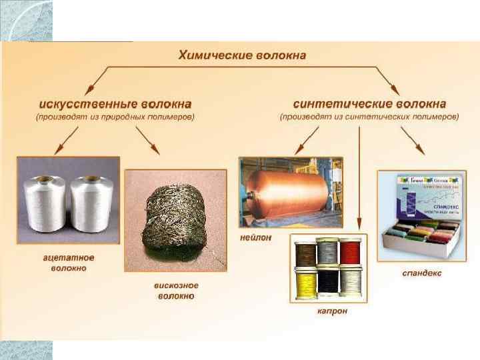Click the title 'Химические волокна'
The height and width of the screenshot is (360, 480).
coord(242,55)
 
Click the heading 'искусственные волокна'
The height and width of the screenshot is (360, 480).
coord(115,104)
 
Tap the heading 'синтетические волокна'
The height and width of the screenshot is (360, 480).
coord(369,104)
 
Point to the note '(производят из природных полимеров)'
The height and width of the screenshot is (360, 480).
coord(115,117)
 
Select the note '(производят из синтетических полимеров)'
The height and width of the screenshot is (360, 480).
coord(369,117)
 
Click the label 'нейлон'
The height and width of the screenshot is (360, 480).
coord(257,238)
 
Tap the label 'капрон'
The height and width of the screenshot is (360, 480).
coord(332,311)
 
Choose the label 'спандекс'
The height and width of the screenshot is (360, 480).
coord(421,273)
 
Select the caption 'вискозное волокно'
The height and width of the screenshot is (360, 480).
coord(175,291)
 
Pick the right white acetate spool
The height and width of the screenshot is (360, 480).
coord(91,204)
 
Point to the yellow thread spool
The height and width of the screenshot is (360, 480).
coord(307,283)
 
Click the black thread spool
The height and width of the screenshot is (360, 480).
coord(328,284)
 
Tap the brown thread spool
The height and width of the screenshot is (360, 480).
coord(307,254)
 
